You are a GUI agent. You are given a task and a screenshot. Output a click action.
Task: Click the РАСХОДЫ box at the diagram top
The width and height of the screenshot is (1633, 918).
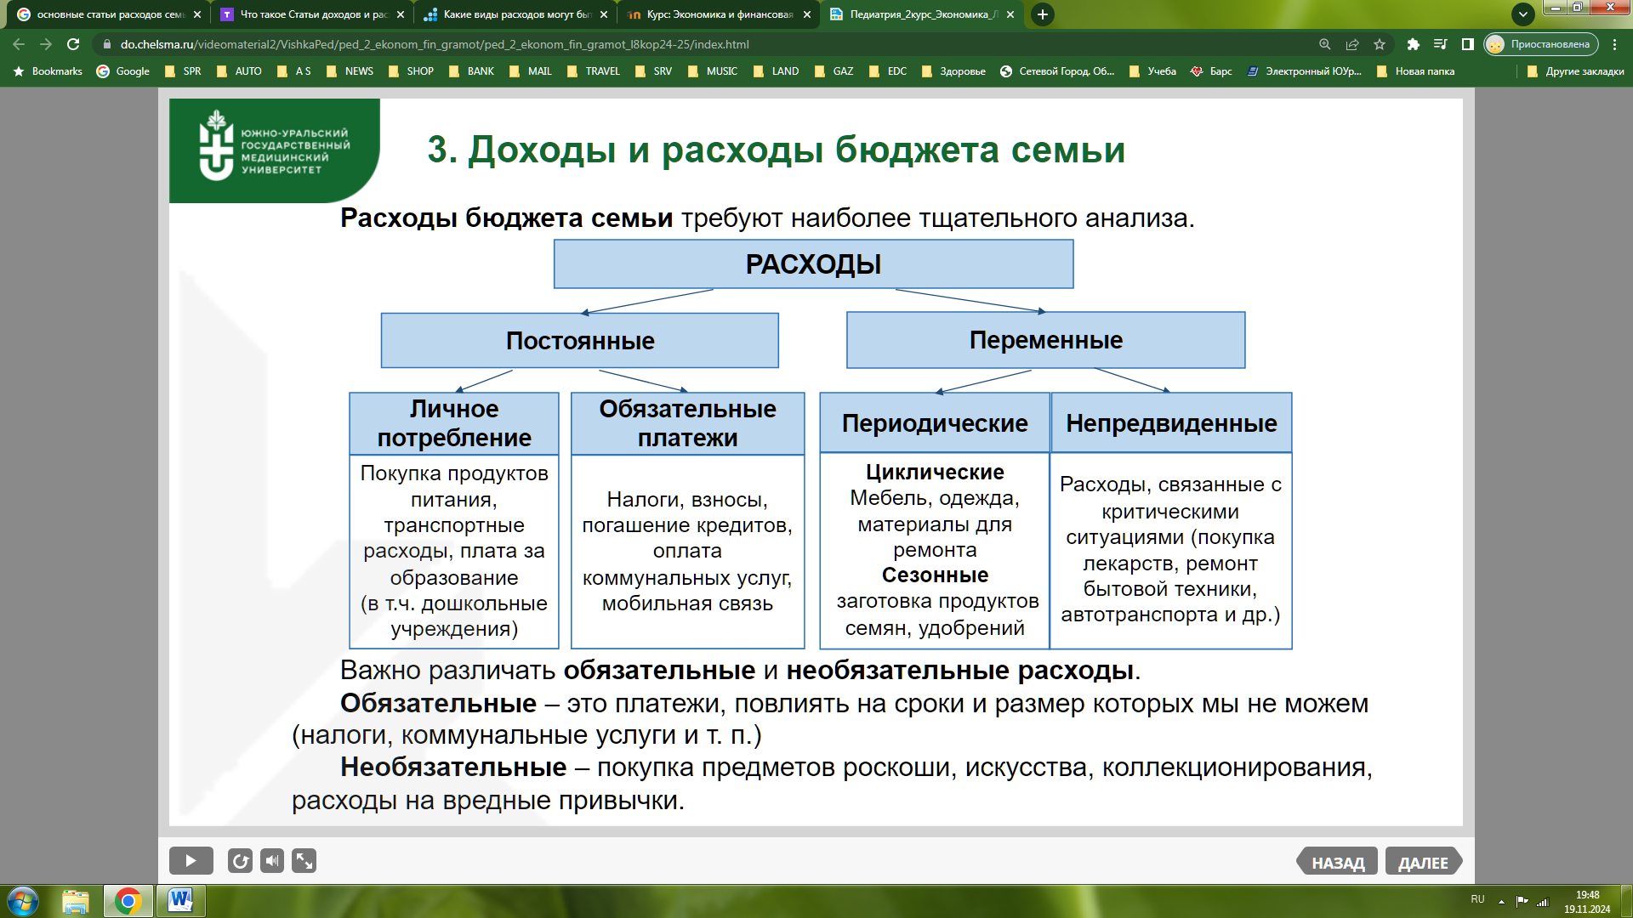[813, 264]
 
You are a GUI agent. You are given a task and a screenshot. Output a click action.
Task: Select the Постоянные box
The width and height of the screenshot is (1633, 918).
[579, 341]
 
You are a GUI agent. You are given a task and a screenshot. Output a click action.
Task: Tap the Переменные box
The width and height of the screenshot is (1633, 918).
[1045, 340]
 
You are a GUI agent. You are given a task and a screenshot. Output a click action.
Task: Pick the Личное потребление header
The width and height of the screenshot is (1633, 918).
[454, 423]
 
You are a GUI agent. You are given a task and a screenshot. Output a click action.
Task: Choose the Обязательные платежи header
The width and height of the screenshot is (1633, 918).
[687, 423]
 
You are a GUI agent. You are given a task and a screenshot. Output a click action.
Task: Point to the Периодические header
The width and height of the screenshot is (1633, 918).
[935, 422]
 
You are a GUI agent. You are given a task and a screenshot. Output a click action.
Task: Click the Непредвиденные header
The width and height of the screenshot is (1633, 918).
[1171, 422]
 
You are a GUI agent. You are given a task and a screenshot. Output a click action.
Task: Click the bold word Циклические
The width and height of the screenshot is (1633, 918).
[935, 472]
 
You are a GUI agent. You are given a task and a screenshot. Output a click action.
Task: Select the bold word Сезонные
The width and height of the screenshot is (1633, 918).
[935, 575]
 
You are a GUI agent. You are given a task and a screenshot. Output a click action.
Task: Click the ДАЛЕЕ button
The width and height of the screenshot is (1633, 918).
[1423, 862]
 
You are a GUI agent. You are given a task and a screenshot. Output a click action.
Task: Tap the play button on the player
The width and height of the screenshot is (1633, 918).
[191, 861]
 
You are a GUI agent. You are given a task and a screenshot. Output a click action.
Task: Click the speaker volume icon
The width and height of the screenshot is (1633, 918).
[272, 861]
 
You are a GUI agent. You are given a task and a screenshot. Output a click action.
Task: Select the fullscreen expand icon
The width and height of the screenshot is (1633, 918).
[304, 861]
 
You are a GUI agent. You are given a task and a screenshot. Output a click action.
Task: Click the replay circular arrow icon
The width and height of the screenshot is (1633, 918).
[240, 861]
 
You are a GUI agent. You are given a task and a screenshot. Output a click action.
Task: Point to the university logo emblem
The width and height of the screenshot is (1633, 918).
[216, 145]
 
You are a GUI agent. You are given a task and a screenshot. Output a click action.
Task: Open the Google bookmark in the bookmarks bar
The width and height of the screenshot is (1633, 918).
[123, 71]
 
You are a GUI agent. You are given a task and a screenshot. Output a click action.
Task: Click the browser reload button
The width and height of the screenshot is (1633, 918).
[73, 44]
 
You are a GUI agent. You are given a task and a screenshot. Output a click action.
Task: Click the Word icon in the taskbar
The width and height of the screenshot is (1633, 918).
[180, 900]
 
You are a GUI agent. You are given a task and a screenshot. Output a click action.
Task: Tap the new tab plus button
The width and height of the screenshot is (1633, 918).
[1042, 14]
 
